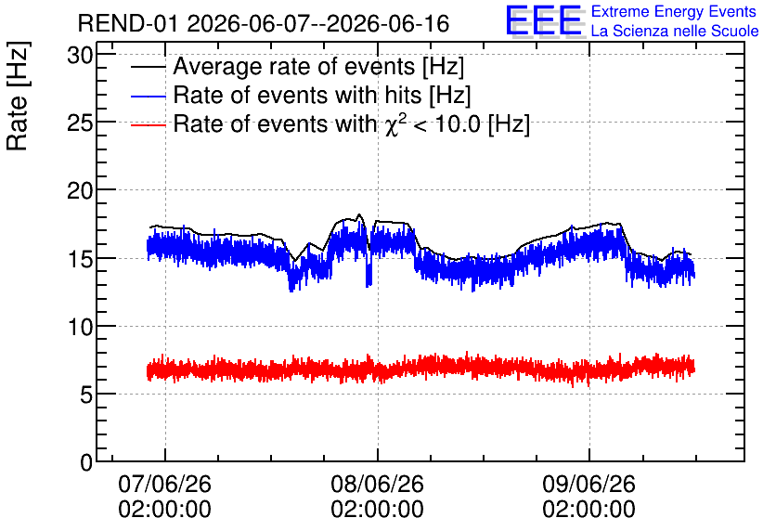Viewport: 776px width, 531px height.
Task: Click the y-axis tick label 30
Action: (80, 56)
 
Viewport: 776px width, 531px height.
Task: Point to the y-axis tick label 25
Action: (80, 123)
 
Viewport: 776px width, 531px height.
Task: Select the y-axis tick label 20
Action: (80, 190)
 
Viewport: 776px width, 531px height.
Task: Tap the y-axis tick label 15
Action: (80, 259)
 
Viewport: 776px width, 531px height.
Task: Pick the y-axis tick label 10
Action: (80, 327)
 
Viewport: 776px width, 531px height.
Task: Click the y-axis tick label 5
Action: (86, 395)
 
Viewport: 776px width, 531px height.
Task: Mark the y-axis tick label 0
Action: (86, 462)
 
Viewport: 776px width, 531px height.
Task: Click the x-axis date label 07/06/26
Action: (165, 484)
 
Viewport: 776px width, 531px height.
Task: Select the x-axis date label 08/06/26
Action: (377, 484)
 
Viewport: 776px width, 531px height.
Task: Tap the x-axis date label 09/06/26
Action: (588, 484)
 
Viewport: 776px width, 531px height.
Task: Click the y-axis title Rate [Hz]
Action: (18, 96)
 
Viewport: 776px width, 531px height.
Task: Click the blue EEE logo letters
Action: (544, 20)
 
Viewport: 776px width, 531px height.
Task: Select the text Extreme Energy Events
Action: (674, 11)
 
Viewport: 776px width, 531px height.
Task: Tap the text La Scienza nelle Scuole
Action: (675, 32)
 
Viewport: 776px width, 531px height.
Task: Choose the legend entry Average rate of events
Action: (318, 66)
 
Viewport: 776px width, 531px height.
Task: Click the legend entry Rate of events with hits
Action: (322, 95)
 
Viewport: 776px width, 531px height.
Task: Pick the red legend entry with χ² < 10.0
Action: (352, 123)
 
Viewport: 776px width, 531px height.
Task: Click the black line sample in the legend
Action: (149, 67)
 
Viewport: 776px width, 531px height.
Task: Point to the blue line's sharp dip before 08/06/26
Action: (369, 278)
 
